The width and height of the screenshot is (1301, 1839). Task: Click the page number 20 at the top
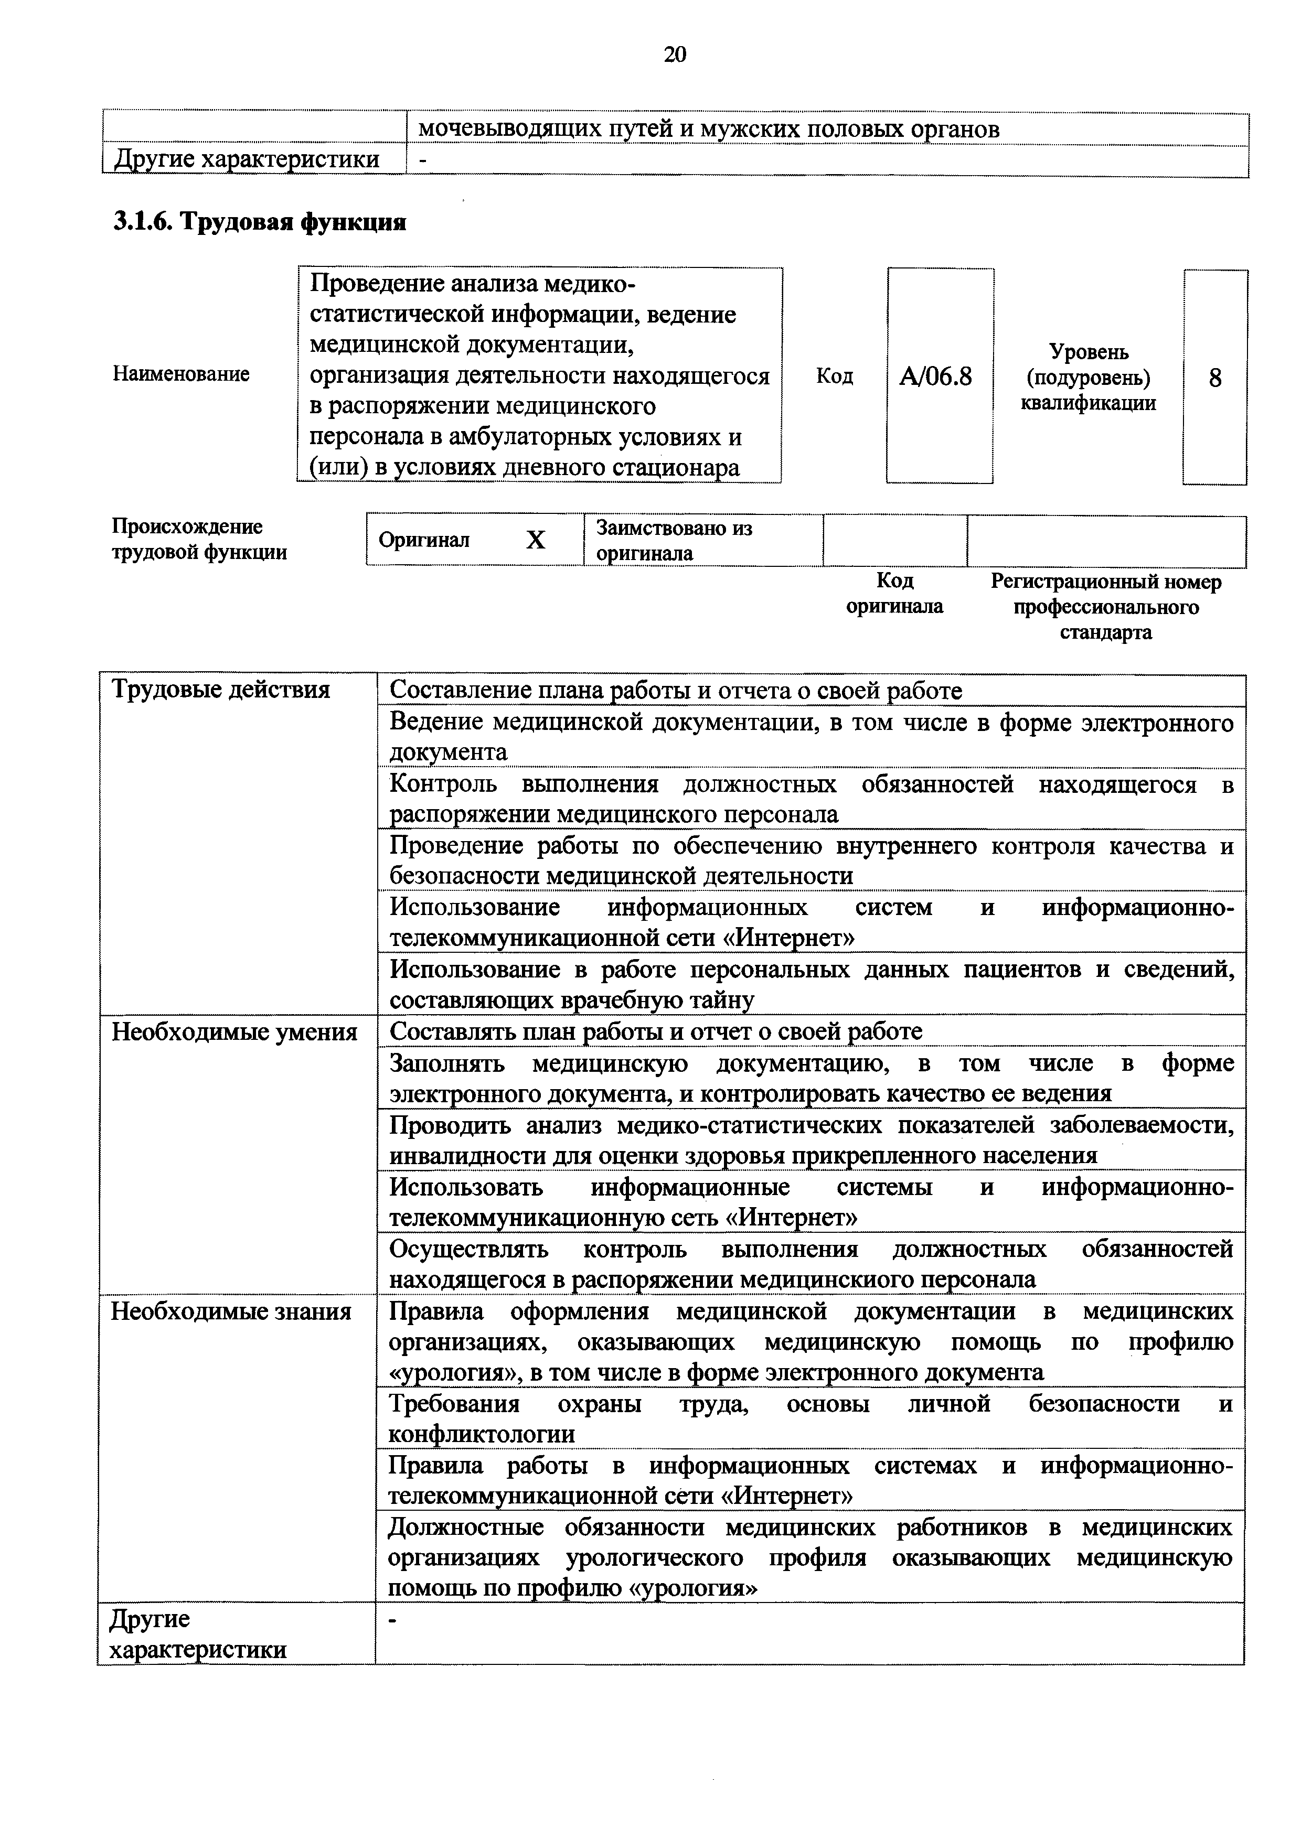coord(675,55)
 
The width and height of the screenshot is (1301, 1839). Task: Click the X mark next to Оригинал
coord(535,541)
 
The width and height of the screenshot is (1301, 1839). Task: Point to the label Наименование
coord(181,374)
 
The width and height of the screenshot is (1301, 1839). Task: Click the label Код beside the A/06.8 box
coord(834,375)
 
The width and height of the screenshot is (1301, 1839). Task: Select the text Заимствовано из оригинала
coord(675,541)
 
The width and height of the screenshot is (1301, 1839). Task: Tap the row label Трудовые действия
coord(220,690)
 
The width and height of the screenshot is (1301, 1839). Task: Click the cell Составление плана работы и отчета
coord(675,691)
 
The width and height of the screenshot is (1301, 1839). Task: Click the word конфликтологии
coord(482,1435)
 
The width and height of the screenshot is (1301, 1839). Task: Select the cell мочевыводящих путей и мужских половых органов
coord(709,129)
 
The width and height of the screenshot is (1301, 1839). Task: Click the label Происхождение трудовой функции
coord(199,539)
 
